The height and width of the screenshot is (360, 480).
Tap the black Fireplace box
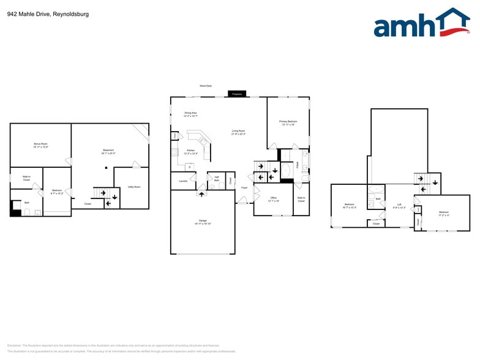coord(238,94)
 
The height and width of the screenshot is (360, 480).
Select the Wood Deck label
coord(205,86)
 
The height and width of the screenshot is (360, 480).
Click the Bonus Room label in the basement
coord(41,145)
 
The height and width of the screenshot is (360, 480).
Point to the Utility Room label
coord(134,187)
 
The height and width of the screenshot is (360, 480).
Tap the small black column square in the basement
coord(106,167)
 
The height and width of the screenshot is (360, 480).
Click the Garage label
coord(202,222)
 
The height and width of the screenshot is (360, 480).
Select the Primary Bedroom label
coord(288,123)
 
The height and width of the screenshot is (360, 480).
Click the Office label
coord(273,199)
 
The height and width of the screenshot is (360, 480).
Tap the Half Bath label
coord(216,179)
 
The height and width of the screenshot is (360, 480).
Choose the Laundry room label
coord(183,181)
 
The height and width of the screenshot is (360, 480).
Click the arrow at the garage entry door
coord(201,194)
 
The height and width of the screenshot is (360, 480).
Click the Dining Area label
coord(190,114)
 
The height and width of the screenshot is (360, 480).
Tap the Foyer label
coord(244,187)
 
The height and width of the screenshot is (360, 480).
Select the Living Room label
coord(238,132)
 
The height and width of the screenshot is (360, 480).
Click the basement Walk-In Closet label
coord(26,178)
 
